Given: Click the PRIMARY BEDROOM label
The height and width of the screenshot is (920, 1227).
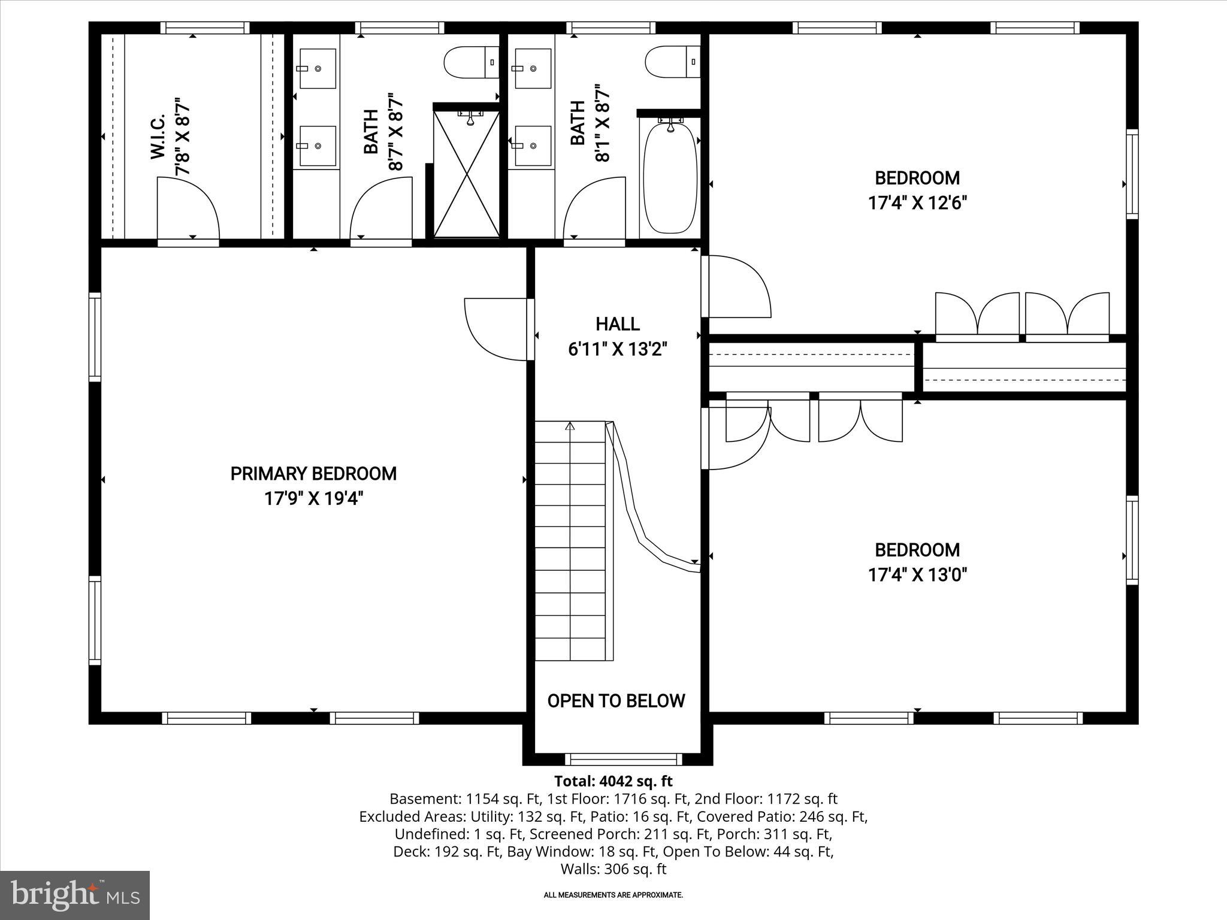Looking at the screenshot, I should coord(313,474).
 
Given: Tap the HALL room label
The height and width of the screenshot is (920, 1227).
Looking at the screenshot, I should coord(617,324).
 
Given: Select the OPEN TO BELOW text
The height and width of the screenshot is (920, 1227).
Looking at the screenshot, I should coord(616,701).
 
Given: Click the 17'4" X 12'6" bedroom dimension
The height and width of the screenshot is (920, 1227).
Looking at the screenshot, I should coord(917,203).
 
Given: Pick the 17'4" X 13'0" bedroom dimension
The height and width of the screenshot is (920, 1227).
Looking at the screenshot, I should coord(917,575).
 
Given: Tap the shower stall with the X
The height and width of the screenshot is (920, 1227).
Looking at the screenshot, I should coord(466,174).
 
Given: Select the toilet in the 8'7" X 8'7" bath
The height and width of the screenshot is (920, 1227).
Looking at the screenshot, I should coord(470,62).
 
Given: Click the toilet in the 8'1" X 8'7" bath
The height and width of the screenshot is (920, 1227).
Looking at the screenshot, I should coord(672,62).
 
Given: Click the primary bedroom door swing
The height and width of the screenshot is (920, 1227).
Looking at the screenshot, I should coord(497,329).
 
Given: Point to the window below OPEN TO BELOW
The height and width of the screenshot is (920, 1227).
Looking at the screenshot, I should coord(624,759).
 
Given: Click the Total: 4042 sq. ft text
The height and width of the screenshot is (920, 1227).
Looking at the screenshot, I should coord(613,781).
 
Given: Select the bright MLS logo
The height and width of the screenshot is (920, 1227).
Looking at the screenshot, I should coord(75,895).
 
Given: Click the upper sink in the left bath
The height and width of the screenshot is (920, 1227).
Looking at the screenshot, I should coord(317,68).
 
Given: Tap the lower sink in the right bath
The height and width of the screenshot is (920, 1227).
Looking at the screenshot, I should coord(533,146).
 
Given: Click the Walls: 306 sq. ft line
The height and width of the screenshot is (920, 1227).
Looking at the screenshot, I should coord(613,869).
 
